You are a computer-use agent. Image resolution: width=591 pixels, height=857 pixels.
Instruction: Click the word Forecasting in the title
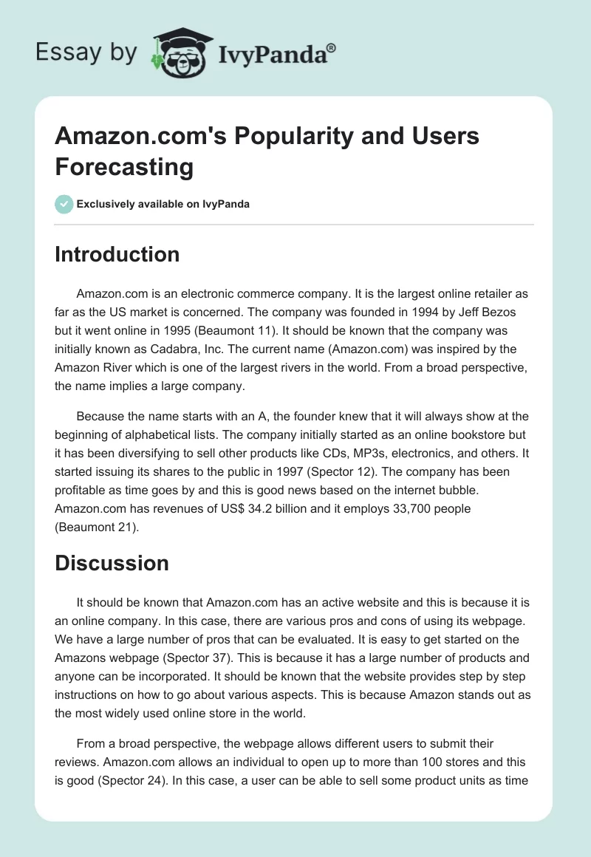tap(124, 166)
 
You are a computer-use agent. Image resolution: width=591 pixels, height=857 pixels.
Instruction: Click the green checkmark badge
tap(64, 204)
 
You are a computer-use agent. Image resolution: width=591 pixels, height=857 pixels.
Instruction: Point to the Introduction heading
tap(117, 254)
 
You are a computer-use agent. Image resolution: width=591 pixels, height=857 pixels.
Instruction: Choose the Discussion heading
tap(112, 563)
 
